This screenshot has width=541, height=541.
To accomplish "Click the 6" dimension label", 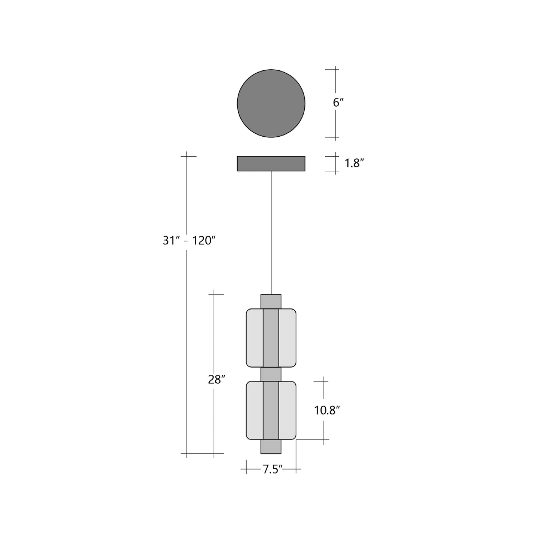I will (338, 103).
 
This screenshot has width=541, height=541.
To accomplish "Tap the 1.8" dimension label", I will (354, 163).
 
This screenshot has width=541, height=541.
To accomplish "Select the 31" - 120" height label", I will (189, 240).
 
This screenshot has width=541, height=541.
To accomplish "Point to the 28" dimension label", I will (216, 380).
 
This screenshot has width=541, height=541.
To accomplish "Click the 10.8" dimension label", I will (326, 410).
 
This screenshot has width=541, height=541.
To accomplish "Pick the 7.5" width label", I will (272, 469).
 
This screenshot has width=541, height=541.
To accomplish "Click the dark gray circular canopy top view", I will (271, 103).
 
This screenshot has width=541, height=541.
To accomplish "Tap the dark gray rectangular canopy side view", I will (271, 164).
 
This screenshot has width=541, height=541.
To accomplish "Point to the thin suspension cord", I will (271, 232).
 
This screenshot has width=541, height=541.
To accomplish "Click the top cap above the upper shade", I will (271, 301).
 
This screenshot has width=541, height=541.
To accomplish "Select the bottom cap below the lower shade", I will (271, 447).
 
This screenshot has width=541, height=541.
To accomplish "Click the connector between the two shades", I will (271, 374).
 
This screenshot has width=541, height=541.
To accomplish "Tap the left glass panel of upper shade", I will (255, 338).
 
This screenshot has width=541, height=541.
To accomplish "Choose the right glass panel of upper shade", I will (287, 338).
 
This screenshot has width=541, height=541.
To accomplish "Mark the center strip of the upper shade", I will (271, 338).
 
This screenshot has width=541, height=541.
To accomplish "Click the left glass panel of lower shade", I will (255, 410).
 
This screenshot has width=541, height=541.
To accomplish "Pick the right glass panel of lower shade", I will (287, 410).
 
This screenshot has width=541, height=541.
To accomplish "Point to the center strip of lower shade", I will (271, 410).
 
